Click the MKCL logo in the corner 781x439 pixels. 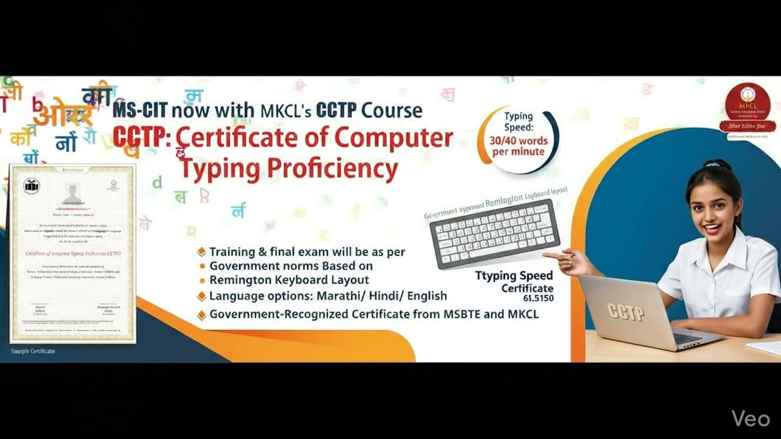(747, 107)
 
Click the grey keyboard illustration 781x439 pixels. (494, 234)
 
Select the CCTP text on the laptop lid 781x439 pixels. (625, 312)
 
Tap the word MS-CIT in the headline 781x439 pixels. (140, 111)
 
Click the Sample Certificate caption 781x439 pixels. (33, 351)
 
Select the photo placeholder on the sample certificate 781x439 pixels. (73, 191)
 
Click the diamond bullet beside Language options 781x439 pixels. (201, 296)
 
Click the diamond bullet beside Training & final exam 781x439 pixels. (201, 252)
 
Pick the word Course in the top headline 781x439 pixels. (391, 111)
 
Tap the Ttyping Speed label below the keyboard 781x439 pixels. (514, 276)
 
